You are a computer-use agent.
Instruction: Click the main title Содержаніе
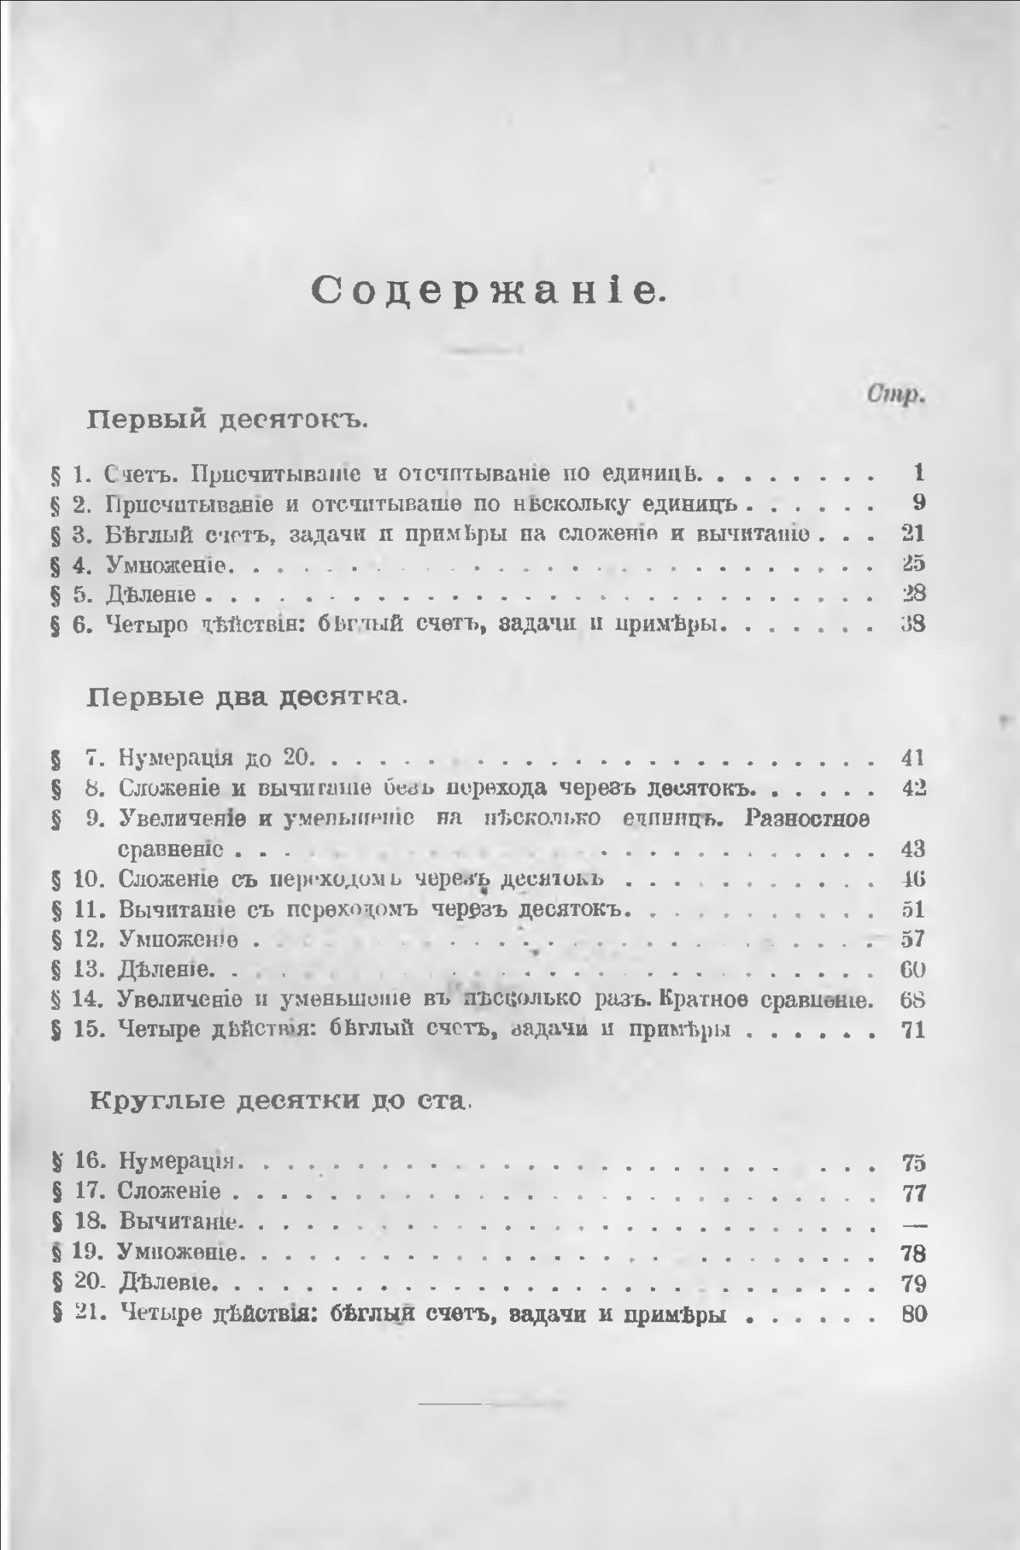pyautogui.click(x=489, y=291)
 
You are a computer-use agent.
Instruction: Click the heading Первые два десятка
pyautogui.click(x=248, y=697)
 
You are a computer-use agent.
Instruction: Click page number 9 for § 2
pyautogui.click(x=918, y=503)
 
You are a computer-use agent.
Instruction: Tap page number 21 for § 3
pyautogui.click(x=914, y=534)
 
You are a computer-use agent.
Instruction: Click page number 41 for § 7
pyautogui.click(x=914, y=757)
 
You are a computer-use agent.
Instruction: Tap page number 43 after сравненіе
pyautogui.click(x=914, y=849)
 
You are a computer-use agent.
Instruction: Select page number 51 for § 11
pyautogui.click(x=914, y=909)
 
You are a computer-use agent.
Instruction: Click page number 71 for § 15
pyautogui.click(x=914, y=1031)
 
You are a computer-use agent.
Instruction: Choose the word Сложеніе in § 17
pyautogui.click(x=170, y=1192)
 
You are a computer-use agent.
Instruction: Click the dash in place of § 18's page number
pyautogui.click(x=915, y=1223)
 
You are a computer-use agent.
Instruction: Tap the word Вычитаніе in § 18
pyautogui.click(x=177, y=1223)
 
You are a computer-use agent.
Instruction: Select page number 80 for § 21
pyautogui.click(x=915, y=1314)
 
